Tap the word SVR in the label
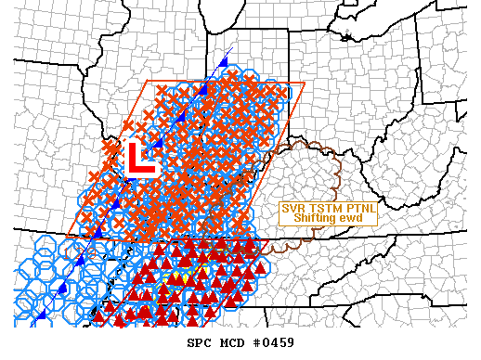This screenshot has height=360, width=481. [296, 208]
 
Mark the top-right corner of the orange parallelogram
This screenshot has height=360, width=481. [305, 84]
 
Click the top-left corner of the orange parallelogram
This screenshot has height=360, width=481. [148, 81]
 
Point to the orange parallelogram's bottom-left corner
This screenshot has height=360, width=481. [67, 236]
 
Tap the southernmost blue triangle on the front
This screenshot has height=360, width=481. [41, 316]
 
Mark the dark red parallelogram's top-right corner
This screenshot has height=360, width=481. [269, 240]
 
